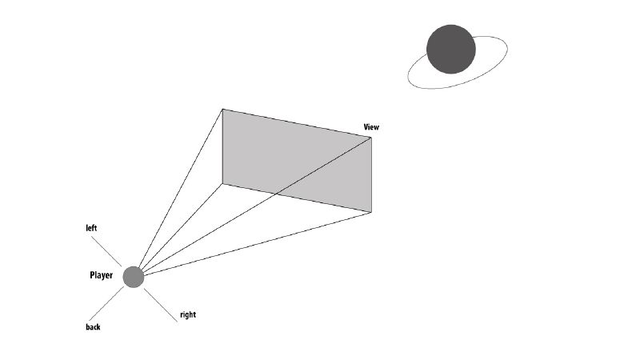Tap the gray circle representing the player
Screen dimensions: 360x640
point(134,277)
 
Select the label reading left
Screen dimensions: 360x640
point(91,228)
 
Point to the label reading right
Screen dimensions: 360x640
point(187,314)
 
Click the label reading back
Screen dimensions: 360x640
point(93,326)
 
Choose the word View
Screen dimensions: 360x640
point(371,127)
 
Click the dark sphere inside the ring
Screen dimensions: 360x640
point(450,49)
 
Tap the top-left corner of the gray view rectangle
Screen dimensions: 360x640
point(222,110)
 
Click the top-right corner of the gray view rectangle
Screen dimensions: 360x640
point(371,138)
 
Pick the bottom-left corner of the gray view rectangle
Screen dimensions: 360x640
point(222,184)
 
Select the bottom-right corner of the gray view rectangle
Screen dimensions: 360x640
point(371,212)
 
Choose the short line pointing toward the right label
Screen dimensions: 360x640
point(161,306)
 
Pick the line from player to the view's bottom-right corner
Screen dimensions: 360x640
point(256,243)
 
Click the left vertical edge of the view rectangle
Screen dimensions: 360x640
point(222,147)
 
